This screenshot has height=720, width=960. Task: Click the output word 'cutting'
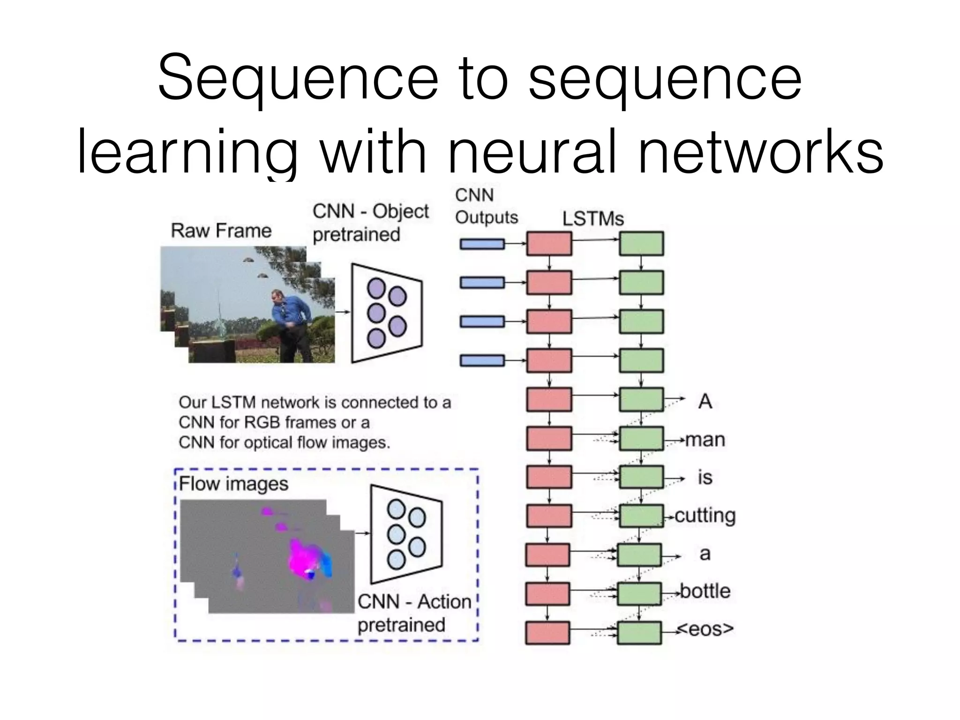point(705,516)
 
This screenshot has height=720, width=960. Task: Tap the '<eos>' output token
point(705,629)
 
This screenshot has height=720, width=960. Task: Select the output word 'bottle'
point(705,591)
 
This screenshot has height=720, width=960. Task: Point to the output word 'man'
point(705,440)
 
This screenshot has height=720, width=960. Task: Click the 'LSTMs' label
point(593,219)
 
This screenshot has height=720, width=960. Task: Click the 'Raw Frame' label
point(221,231)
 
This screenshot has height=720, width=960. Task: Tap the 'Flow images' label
point(233,484)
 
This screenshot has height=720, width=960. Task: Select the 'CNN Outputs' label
point(486,206)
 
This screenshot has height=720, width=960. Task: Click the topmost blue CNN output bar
point(482,244)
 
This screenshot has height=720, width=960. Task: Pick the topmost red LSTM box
point(549,244)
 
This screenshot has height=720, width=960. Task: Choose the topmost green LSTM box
point(641,244)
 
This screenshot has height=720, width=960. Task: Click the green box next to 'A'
point(641,400)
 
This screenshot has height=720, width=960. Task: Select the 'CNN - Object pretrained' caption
point(370,223)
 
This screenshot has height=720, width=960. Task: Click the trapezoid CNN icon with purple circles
point(387,313)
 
